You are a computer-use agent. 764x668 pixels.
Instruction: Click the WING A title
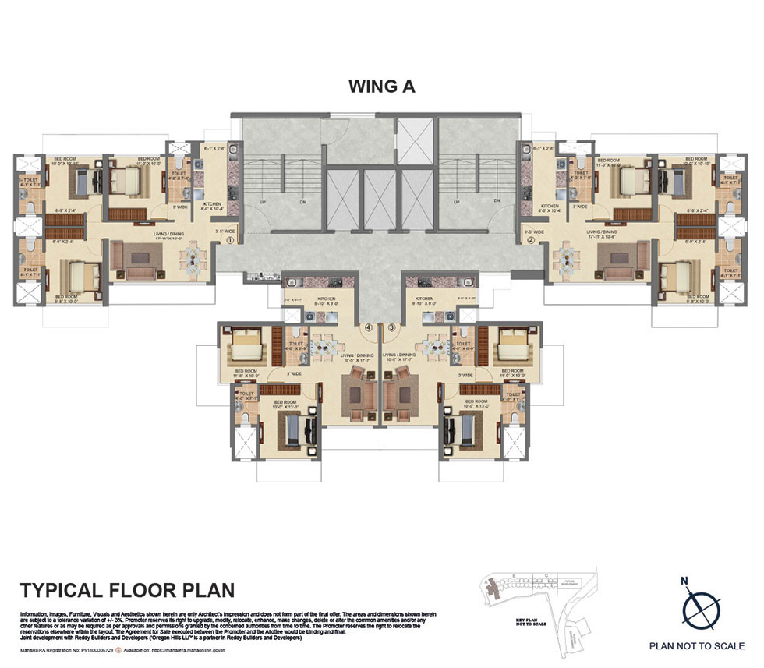382,87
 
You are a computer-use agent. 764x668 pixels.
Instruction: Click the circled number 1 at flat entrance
231,240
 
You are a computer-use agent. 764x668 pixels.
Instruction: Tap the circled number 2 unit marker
531,240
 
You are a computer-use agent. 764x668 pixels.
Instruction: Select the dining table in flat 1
192,256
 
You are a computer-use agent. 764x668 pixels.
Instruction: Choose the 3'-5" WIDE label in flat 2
534,232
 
